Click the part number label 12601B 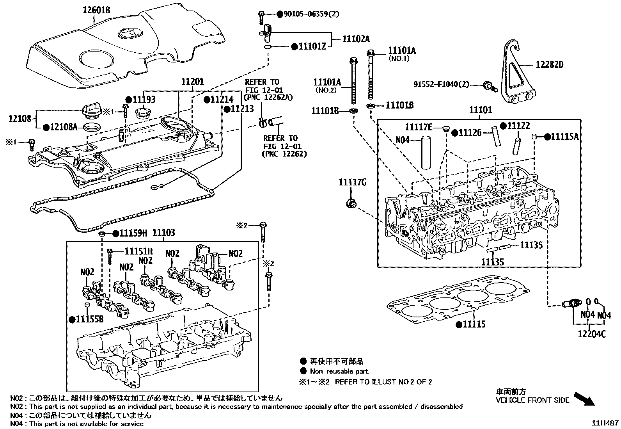coord(96,11)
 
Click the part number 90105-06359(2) coord(308,14)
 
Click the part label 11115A coord(564,137)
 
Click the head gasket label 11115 coord(474,324)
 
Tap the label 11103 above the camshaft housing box coord(163,233)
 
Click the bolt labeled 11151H coord(110,255)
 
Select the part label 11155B coord(89,319)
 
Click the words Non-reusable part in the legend coord(339,371)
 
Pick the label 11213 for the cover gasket coord(242,109)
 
